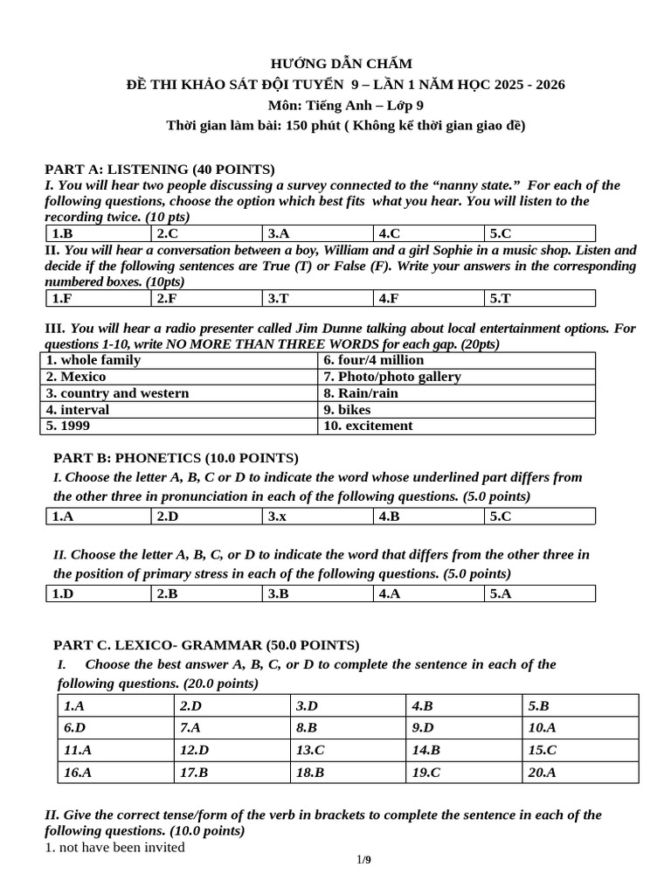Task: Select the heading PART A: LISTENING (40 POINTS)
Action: tap(160, 169)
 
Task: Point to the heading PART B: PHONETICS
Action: tap(176, 457)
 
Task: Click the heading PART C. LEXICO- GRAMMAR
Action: tap(206, 645)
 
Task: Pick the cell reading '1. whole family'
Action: tap(93, 360)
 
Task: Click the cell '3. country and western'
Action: tap(118, 393)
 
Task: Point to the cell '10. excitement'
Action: tap(368, 426)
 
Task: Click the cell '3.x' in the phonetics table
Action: tap(278, 517)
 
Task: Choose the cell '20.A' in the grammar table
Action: tap(542, 772)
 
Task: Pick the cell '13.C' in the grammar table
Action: tap(310, 750)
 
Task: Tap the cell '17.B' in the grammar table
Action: tap(194, 772)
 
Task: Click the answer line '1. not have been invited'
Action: tap(115, 847)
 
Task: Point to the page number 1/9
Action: tap(363, 860)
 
